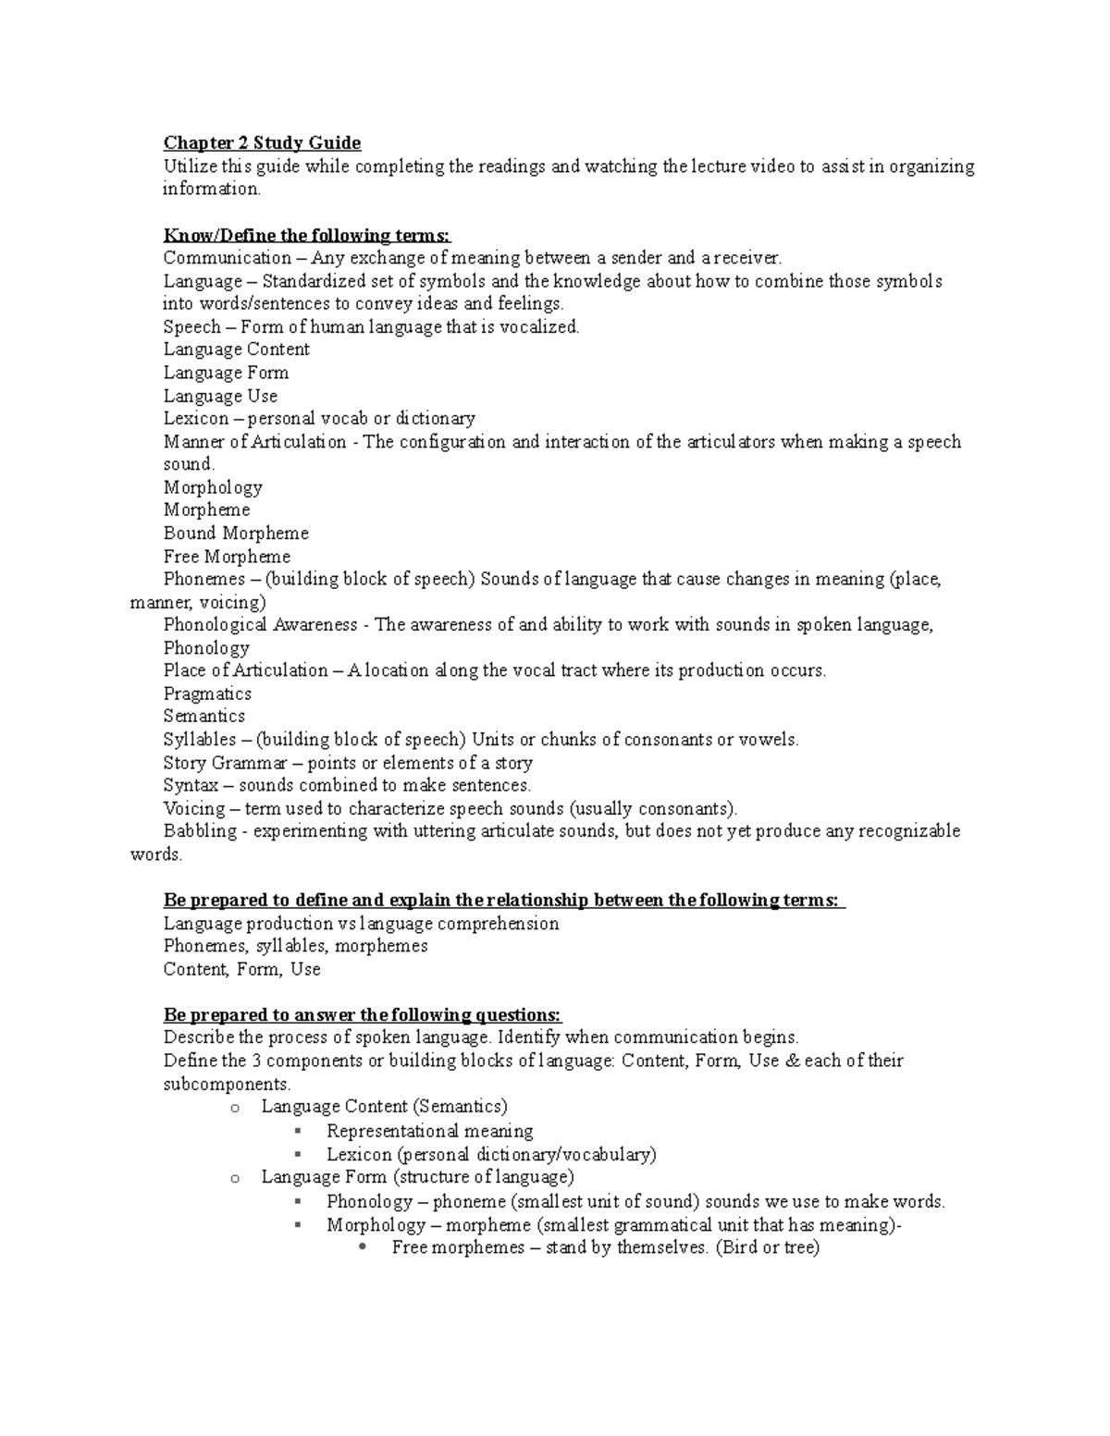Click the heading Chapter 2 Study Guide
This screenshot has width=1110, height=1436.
262,142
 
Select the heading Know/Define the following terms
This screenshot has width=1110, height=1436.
306,235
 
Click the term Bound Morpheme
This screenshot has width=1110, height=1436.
236,534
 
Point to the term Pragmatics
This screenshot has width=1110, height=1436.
207,693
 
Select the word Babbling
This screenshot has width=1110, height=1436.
200,831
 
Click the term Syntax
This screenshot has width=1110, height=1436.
191,785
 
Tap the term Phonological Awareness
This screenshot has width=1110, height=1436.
260,625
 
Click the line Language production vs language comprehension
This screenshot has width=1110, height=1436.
361,924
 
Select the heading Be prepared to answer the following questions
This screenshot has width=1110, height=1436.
362,1015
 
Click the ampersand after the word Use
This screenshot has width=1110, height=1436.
791,1061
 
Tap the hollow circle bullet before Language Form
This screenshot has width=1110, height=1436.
235,1178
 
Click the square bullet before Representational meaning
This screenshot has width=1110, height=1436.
296,1131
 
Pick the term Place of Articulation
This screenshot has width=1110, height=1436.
245,670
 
